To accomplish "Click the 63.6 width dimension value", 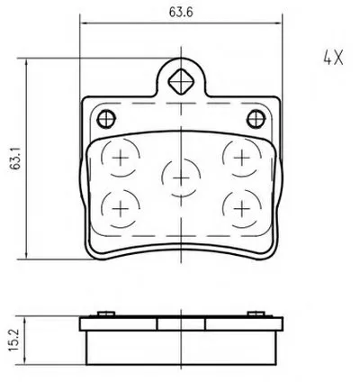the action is click(181, 12).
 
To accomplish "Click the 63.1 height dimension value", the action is click(15, 159).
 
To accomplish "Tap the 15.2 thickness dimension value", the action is click(13, 341).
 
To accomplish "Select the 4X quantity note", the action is click(333, 58).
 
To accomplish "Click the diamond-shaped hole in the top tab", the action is click(181, 81).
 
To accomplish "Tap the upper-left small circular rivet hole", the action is click(106, 119).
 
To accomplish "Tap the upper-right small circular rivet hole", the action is click(256, 119).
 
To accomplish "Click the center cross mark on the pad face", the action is click(181, 178).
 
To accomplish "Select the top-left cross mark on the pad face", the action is click(120, 158).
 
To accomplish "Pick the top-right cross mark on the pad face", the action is click(242, 158).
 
